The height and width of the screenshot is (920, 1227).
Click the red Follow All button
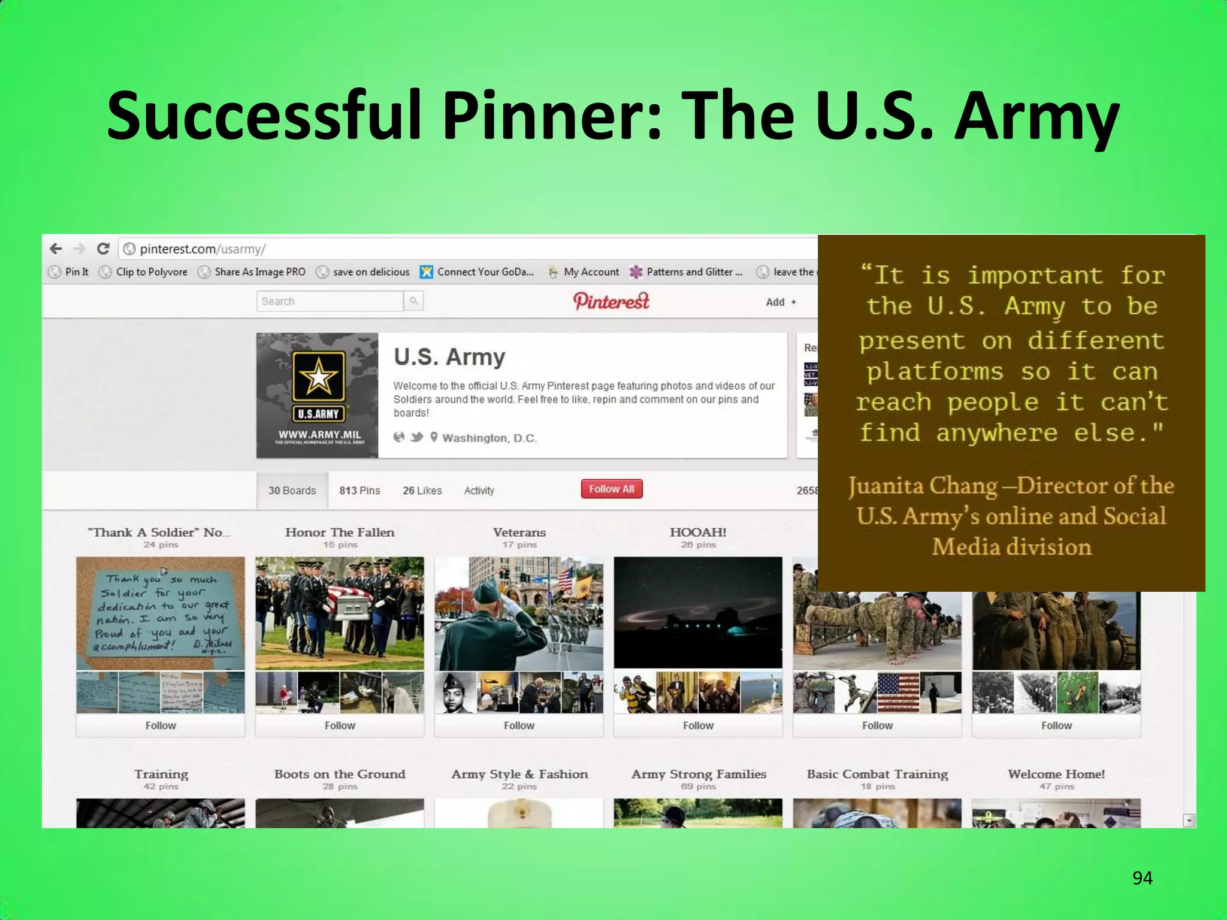coord(611,489)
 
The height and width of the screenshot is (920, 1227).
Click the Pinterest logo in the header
coord(611,301)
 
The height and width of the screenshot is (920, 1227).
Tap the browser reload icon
coord(103,249)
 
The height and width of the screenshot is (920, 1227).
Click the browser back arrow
coord(56,249)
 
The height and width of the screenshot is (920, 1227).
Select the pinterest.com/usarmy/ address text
coord(203,249)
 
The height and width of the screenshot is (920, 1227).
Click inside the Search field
coord(330,301)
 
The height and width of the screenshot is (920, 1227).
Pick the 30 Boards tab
coord(292,491)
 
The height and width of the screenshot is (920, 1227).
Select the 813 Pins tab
coord(359,491)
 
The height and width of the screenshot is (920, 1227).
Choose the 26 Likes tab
coord(422,491)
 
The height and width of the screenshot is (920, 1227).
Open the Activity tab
coord(479,491)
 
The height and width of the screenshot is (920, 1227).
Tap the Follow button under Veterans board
coord(519,725)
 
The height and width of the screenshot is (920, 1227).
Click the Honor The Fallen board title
coord(340,532)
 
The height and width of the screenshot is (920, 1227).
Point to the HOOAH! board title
coord(698,532)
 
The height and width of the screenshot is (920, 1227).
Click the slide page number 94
coord(1142,878)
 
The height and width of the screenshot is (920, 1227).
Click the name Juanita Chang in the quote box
coord(923,486)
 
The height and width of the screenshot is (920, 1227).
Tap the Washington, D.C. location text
coord(489,438)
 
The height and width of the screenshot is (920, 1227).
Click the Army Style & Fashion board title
coord(519,774)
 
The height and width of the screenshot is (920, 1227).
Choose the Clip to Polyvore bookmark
coord(152,272)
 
